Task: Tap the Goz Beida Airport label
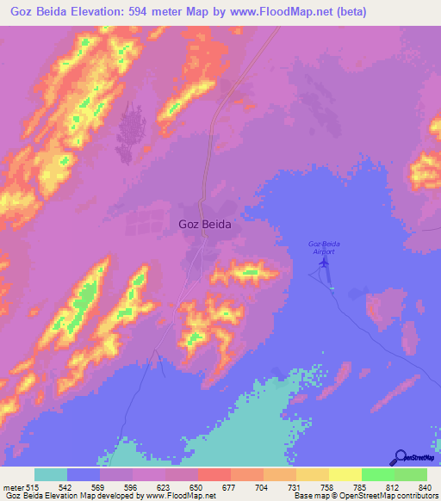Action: point(320,247)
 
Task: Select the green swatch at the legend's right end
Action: point(410,474)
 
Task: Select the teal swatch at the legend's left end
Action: point(51,474)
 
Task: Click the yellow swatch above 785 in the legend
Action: point(345,474)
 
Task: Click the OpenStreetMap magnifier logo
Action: point(399,456)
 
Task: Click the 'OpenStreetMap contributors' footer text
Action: point(388,497)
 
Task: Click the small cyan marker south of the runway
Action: point(332,288)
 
